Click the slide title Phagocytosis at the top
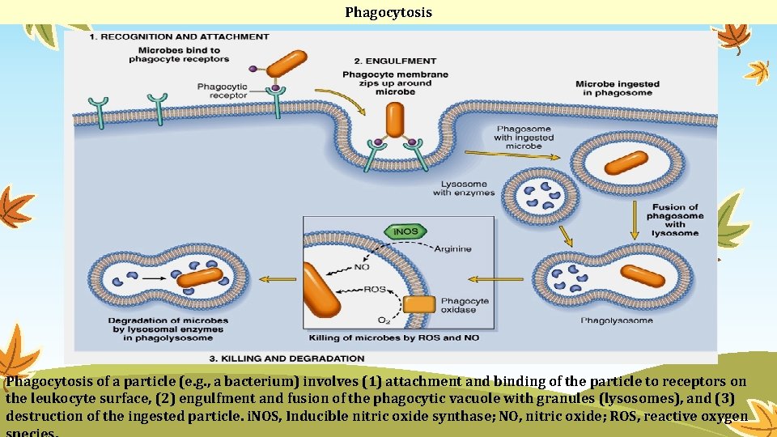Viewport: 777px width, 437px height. tap(388, 12)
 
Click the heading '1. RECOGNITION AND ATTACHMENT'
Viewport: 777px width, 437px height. tap(178, 36)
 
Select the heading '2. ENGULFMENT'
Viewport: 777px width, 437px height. tap(395, 61)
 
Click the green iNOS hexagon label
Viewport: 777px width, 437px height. tap(405, 231)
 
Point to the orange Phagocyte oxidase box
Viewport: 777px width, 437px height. tap(419, 304)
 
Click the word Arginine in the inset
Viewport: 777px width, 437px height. tap(452, 249)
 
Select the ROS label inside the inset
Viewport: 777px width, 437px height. tap(375, 289)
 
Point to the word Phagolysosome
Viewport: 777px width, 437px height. tap(618, 321)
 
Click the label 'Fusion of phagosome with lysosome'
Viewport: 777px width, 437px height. tap(675, 220)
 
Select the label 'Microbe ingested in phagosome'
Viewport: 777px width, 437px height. tap(617, 88)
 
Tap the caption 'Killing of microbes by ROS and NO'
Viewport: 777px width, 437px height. tap(393, 337)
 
